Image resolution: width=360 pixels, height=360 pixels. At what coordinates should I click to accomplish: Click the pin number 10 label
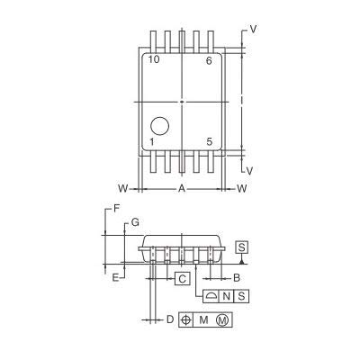coord(154,59)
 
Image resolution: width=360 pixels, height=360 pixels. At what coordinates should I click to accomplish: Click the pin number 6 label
coord(209,61)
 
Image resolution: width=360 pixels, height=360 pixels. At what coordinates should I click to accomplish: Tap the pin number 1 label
coord(152,142)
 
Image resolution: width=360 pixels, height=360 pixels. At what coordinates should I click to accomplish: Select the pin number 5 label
coord(210,141)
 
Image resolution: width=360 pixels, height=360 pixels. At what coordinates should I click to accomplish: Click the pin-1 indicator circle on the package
coord(160,126)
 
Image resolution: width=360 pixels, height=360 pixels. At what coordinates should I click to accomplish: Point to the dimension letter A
coord(182,189)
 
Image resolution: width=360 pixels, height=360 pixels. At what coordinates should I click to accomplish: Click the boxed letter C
coord(183,279)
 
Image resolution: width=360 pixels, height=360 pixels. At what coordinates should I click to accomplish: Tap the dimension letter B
coord(237,278)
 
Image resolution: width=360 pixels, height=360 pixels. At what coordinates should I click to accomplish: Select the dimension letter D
coord(170,319)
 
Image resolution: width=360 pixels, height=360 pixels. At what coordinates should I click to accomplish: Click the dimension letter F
coord(117,208)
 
